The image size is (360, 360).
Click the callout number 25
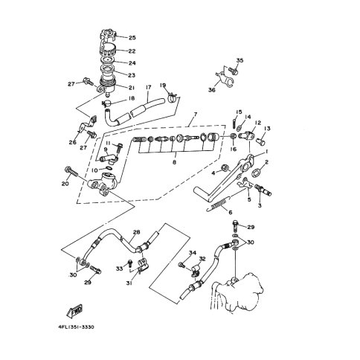[132, 38]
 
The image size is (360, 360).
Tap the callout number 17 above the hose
[149, 87]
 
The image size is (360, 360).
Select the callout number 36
[212, 90]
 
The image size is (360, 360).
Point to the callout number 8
[175, 162]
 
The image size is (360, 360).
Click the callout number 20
[65, 184]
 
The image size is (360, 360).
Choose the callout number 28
[136, 232]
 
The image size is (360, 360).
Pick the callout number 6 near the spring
[231, 212]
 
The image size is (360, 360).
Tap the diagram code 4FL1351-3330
[76, 327]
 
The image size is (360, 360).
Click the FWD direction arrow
[74, 309]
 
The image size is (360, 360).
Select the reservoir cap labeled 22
[108, 50]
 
